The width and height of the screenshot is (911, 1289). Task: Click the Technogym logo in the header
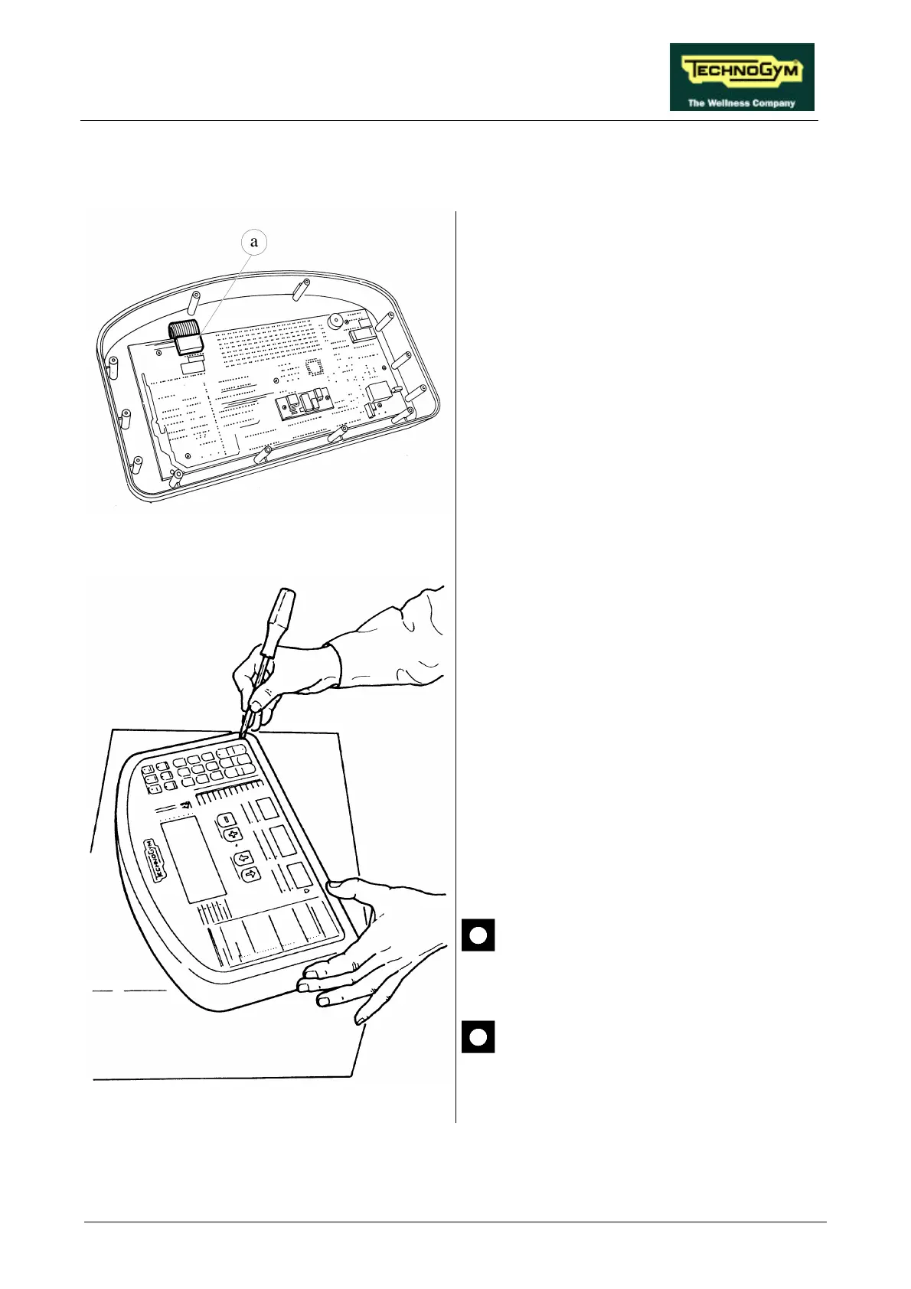click(741, 71)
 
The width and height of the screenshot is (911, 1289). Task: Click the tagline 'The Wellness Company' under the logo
click(741, 103)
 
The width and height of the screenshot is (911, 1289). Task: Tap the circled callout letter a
click(254, 243)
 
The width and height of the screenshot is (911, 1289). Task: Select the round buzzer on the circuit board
click(335, 321)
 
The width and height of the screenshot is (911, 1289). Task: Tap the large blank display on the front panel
click(193, 858)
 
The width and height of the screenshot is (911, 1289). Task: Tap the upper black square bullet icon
click(478, 935)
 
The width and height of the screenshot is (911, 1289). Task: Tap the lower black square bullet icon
click(478, 1036)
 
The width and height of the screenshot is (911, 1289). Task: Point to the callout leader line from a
click(224, 287)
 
